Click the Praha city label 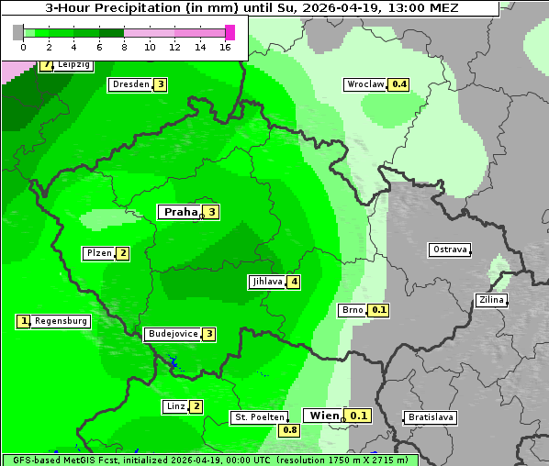point(180,212)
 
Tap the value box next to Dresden point(161,84)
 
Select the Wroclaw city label point(364,84)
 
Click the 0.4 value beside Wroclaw point(398,84)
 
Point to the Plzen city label point(98,253)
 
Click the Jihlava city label point(266,282)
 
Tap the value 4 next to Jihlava point(294,282)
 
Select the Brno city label point(353,310)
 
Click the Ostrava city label point(450,250)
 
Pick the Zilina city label point(491,300)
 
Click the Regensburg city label point(61,321)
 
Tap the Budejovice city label point(172,334)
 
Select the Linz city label point(175,406)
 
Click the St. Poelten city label point(258,417)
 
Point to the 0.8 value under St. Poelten point(290,429)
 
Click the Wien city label point(323,416)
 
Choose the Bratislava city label point(431,417)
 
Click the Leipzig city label point(73,65)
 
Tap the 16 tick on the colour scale point(225,46)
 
